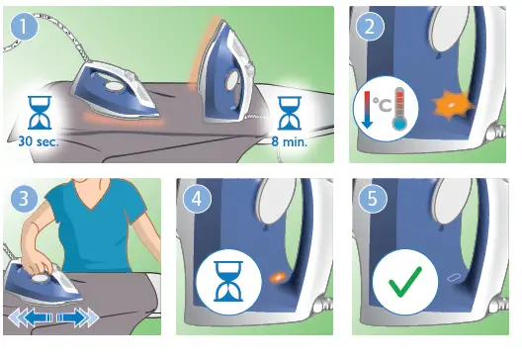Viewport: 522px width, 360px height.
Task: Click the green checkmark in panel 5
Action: point(403,288)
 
